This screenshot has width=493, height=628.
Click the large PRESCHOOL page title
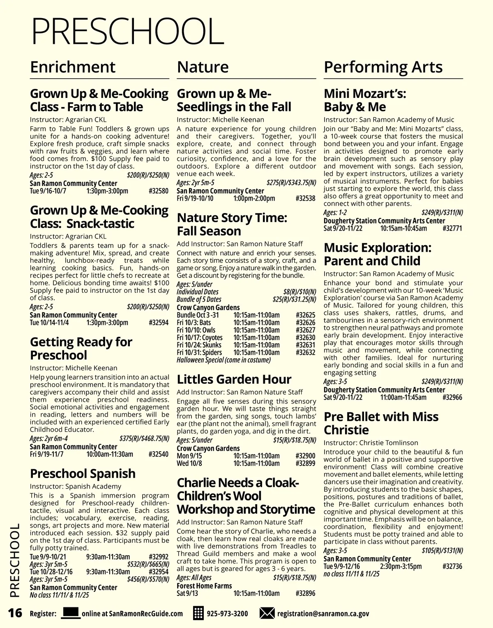pos(127,31)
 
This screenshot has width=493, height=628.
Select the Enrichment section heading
pos(73,67)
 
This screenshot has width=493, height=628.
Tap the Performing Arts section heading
pos(383,67)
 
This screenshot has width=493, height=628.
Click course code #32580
pos(159,191)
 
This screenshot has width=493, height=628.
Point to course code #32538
pos(305,199)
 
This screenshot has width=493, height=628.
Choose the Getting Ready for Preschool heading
pos(81,348)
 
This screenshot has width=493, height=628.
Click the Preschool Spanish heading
pos(83,473)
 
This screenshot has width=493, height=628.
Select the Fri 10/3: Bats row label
pos(194,322)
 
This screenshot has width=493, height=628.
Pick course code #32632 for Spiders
pos(305,352)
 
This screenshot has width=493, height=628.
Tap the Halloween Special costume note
pos(223,360)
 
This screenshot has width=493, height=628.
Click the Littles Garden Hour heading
pos(234,379)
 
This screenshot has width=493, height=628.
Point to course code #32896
pos(305,593)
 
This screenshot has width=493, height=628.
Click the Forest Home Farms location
pos(204,586)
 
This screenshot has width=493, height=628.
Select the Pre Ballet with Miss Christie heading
pos(381,423)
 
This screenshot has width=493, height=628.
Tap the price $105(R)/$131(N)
pos(442,551)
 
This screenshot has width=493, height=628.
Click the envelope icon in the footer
pos(267,614)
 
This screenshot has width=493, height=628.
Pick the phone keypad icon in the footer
pos(198,614)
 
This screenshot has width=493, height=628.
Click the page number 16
pos(15,613)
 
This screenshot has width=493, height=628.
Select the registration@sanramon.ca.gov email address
pos(323,614)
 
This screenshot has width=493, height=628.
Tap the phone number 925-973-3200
pos(227,614)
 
